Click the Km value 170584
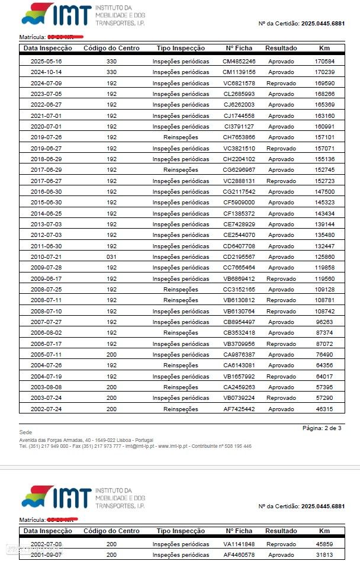[x=324, y=62]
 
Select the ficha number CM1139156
[x=239, y=72]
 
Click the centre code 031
[x=111, y=257]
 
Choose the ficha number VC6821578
[x=239, y=84]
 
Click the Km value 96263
[x=324, y=322]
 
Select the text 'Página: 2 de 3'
[x=322, y=428]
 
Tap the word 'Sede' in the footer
[x=25, y=432]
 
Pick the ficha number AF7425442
[x=239, y=409]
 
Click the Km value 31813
[x=324, y=555]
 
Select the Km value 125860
[x=324, y=257]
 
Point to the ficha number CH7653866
[x=239, y=137]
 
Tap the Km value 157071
[x=324, y=149]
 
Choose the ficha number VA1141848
[x=239, y=544]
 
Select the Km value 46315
[x=324, y=409]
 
